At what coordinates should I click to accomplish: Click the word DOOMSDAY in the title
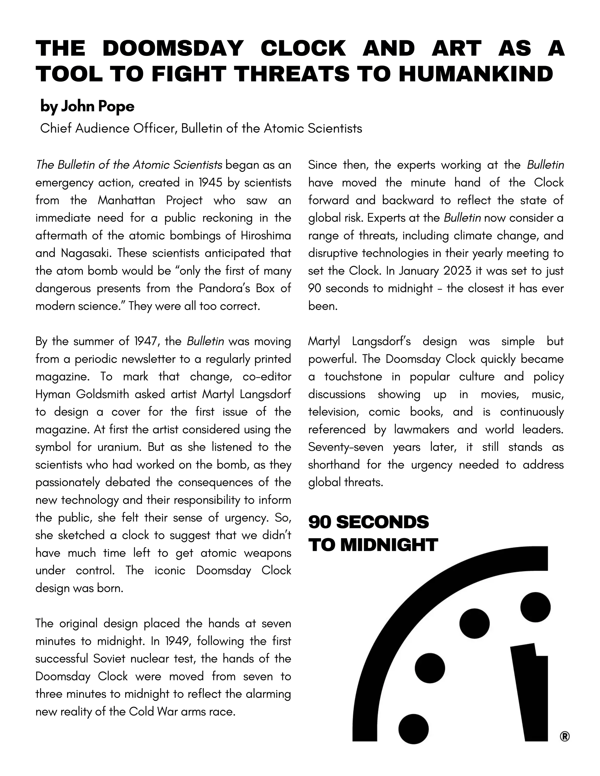pyautogui.click(x=173, y=48)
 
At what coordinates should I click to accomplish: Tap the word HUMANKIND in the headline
pyautogui.click(x=476, y=74)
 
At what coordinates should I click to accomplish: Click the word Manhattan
pyautogui.click(x=126, y=200)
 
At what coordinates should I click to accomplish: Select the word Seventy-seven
pyautogui.click(x=346, y=447)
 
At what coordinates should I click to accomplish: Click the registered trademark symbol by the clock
pyautogui.click(x=564, y=737)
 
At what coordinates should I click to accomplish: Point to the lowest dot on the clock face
pyautogui.click(x=413, y=729)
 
